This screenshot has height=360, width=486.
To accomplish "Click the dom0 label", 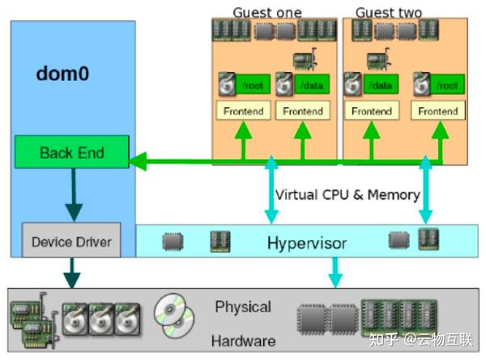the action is click(62, 74).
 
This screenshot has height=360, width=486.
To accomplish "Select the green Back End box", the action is click(72, 152).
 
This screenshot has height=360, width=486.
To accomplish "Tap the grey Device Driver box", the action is click(71, 240).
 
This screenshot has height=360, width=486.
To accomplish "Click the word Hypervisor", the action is click(307, 243).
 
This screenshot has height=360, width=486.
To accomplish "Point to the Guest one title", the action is click(267, 13).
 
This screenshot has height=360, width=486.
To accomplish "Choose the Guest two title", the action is click(389, 13).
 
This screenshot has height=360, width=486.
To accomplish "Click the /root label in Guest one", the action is click(253, 84).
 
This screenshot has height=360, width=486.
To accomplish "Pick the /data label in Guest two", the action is click(381, 84).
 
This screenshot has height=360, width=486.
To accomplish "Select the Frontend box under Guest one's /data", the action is click(303, 110).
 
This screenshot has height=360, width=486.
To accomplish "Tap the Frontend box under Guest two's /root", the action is click(438, 110).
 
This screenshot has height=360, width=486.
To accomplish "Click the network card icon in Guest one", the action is click(305, 59).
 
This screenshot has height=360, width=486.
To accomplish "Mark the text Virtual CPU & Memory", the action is click(347, 195).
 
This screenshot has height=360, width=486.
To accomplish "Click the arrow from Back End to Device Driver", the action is click(74, 195).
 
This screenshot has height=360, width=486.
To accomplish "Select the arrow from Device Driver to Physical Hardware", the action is click(71, 273).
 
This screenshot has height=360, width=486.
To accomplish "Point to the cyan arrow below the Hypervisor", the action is click(335, 272).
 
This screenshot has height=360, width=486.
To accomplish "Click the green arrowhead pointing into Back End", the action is click(138, 161).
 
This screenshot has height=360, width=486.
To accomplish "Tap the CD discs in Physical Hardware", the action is click(174, 316).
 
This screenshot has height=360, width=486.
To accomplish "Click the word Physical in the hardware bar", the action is click(243, 307).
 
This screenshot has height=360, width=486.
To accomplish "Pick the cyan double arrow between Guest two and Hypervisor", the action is click(425, 190).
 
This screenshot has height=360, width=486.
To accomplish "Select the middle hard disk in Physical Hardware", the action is click(101, 319).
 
